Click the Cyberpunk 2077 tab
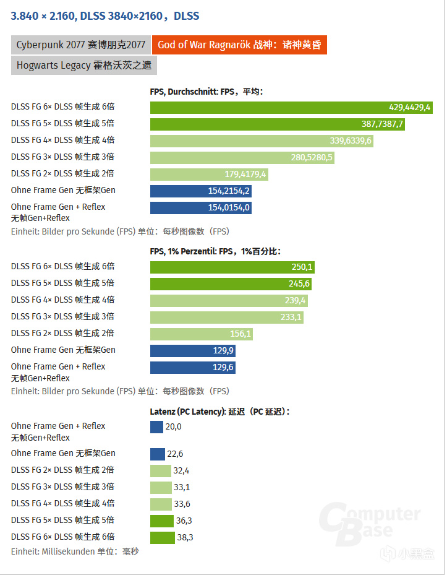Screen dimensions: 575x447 point(80,45)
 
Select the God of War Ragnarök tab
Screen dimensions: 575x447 point(239,45)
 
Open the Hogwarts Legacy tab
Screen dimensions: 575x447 point(84,65)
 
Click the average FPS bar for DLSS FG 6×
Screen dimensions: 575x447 point(291,107)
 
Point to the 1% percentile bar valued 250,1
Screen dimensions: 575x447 point(232,267)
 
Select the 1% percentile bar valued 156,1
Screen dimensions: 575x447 point(201,334)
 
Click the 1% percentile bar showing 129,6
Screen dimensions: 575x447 point(192,367)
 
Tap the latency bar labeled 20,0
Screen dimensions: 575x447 point(156,426)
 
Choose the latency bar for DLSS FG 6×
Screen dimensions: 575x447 point(162,537)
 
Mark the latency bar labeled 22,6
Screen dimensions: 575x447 point(157,454)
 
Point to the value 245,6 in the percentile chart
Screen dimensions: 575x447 point(299,283)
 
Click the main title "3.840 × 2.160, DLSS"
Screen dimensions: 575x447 point(105,15)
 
